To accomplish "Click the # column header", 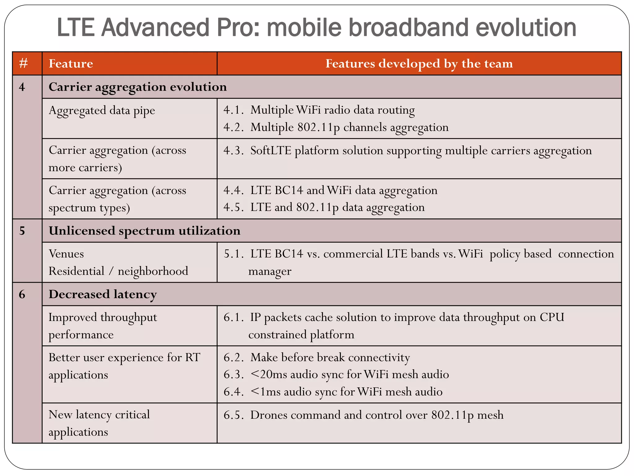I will click(x=24, y=64).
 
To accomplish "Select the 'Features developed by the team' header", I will click(x=419, y=64).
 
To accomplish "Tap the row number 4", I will click(x=22, y=87).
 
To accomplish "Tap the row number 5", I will click(x=22, y=231).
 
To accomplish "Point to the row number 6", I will click(x=22, y=294).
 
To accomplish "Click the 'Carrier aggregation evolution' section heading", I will click(x=138, y=87).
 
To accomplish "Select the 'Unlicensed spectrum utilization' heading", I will click(x=145, y=231).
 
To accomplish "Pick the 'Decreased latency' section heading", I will click(x=103, y=294).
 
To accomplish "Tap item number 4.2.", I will click(x=233, y=127).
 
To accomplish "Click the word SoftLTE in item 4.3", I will click(x=271, y=151).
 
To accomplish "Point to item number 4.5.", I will click(x=233, y=207).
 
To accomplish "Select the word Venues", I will click(x=66, y=254).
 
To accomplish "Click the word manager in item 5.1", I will click(x=270, y=271).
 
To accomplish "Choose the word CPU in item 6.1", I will click(x=552, y=317).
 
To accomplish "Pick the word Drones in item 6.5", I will click(x=269, y=415).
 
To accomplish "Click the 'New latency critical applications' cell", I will click(x=99, y=423).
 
